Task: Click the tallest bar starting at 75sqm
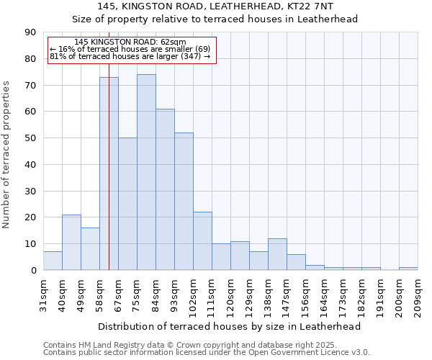(146, 172)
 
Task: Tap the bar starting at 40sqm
(71, 242)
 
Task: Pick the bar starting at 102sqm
(202, 241)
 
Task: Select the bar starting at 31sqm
(53, 261)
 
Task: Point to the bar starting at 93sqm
(184, 202)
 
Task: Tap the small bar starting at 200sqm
(408, 269)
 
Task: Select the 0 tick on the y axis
(34, 271)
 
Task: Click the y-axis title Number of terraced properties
(6, 154)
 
